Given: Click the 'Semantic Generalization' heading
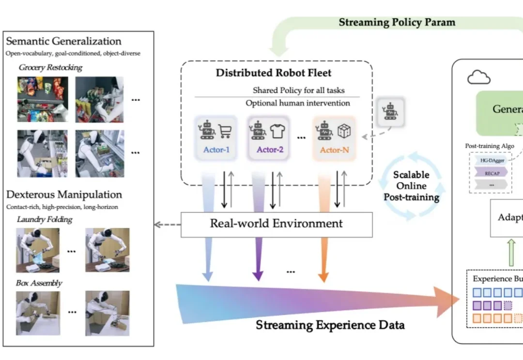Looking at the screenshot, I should (x=63, y=41).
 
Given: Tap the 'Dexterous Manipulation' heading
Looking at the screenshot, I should (x=64, y=195).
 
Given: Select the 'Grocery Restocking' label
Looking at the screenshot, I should (x=50, y=68).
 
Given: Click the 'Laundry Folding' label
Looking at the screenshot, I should (x=44, y=220).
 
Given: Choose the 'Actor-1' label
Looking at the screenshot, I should (x=216, y=150).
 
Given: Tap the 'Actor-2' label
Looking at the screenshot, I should (x=270, y=150).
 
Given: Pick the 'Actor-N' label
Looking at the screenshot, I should (x=334, y=150).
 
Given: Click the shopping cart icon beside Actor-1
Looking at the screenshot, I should (x=225, y=131).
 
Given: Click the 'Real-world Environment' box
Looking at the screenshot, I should (x=277, y=224).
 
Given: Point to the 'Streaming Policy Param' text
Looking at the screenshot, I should (x=397, y=22).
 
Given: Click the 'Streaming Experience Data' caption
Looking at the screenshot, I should (x=330, y=325).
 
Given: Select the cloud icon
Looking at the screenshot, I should (x=478, y=78).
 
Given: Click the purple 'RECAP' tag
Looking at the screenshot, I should (x=489, y=172).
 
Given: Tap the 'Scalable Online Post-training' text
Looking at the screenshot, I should (x=411, y=186).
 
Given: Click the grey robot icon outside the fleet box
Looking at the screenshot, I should (x=390, y=112).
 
